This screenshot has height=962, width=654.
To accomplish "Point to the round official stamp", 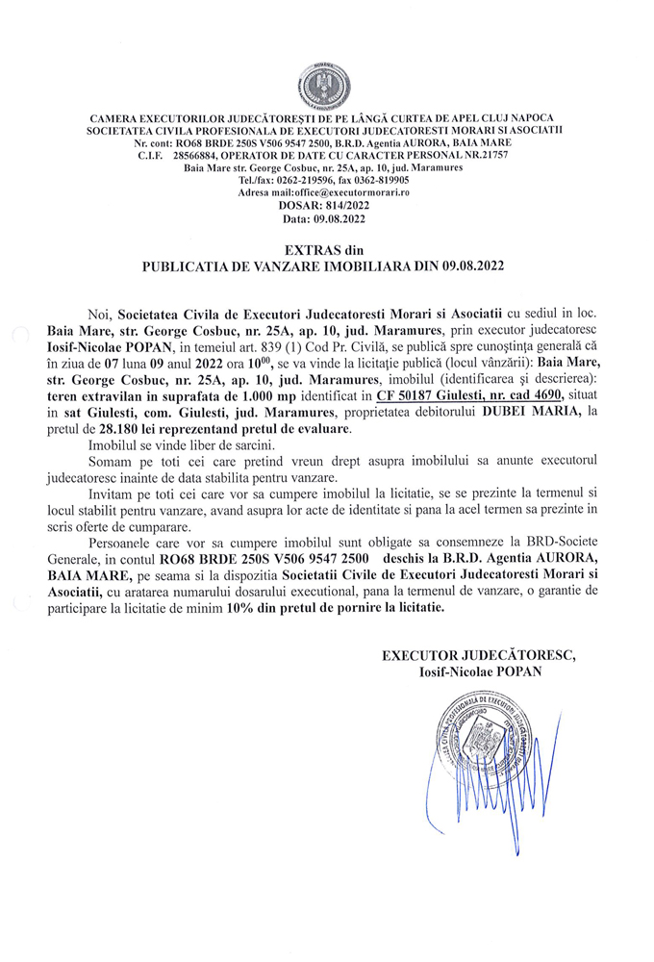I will [x=474, y=741].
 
